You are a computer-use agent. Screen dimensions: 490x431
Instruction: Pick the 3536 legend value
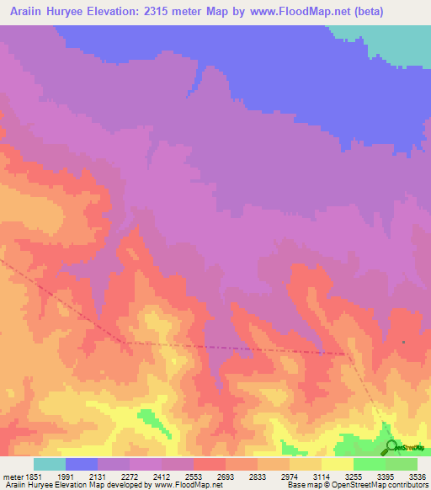(x=416, y=476)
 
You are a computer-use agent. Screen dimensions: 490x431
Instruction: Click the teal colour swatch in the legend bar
(x=50, y=464)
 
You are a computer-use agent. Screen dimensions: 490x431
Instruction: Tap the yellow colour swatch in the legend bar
(x=338, y=464)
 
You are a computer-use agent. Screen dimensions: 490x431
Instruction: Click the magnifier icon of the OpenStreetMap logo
(x=391, y=446)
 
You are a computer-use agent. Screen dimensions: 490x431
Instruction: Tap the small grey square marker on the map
(x=403, y=342)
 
